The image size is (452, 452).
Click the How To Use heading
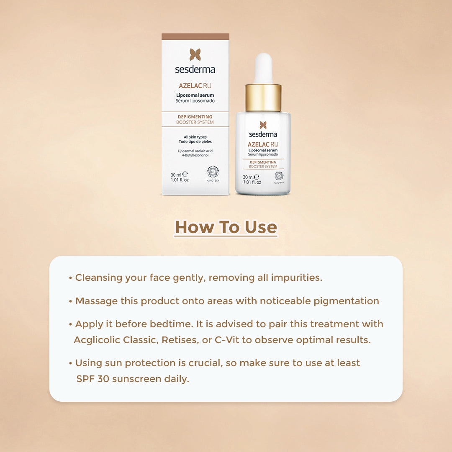[226, 227]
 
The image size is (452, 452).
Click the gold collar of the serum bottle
[263, 98]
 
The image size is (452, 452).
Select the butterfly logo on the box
[195, 54]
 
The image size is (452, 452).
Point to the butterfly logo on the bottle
[263, 125]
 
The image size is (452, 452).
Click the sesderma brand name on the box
[195, 69]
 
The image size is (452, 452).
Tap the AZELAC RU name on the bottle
[263, 144]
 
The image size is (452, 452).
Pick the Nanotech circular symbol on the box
[213, 172]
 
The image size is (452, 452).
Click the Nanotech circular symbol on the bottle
[279, 175]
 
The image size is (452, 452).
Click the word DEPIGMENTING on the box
[195, 117]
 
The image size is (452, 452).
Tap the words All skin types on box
[195, 137]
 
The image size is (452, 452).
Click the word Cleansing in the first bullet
[99, 277]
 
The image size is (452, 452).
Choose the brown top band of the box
[195, 36]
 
